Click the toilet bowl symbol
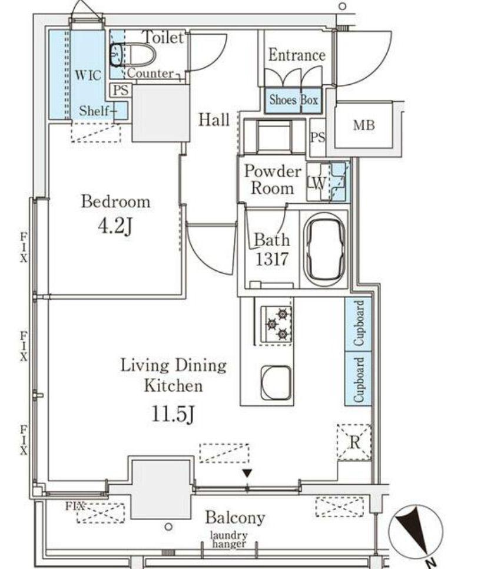[132, 55]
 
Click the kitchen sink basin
[276, 382]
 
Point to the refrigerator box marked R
[354, 442]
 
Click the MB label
[364, 125]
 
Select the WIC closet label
[88, 75]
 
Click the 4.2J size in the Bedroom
[115, 227]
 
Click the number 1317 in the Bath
[272, 259]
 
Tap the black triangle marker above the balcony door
[247, 474]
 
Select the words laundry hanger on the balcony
[229, 540]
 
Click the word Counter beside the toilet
[150, 73]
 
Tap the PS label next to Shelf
[121, 90]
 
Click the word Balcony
[235, 518]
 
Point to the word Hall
[214, 120]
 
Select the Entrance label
[297, 55]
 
